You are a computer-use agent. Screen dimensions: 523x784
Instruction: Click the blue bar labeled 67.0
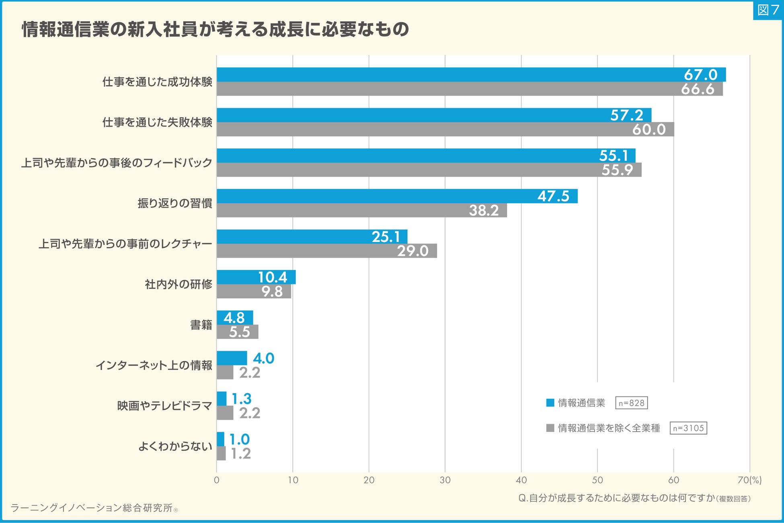[470, 75]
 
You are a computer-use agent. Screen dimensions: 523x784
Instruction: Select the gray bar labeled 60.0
[445, 129]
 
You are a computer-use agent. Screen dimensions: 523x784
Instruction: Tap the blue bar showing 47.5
[397, 196]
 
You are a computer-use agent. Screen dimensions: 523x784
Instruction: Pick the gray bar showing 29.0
[326, 251]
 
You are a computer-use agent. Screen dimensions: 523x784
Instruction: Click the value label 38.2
[484, 211]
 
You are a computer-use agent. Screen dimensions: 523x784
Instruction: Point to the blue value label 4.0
[264, 358]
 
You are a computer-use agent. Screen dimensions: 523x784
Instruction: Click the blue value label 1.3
[242, 399]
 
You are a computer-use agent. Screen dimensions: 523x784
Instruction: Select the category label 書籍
[201, 325]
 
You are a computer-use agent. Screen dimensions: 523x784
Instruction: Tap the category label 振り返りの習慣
[175, 203]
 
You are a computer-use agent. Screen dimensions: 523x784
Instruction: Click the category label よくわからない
[175, 446]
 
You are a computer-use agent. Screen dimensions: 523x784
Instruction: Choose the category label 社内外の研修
[179, 285]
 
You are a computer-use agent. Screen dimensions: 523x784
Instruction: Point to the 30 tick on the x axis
[445, 480]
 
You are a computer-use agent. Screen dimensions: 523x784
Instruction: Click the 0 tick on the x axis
[217, 480]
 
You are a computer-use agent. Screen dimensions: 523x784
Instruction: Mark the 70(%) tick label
[749, 480]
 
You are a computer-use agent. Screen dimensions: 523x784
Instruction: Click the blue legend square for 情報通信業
[550, 403]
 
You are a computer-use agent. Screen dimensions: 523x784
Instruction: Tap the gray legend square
[550, 428]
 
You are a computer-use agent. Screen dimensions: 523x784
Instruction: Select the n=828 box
[631, 403]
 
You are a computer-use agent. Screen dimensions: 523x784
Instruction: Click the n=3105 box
[688, 428]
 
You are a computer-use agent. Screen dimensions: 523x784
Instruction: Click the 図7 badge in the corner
[768, 10]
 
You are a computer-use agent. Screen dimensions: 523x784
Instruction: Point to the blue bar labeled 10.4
[256, 277]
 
